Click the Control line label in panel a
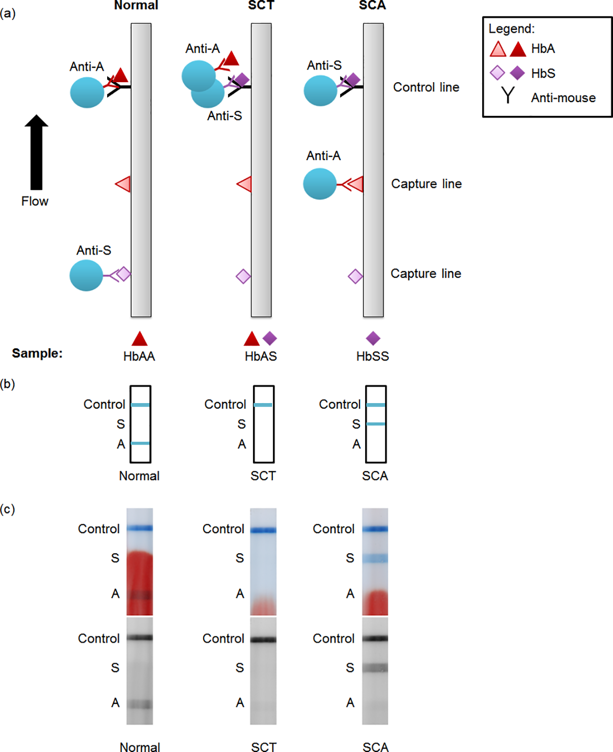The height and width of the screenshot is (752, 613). coord(426,87)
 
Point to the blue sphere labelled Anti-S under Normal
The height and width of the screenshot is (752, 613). coord(86,275)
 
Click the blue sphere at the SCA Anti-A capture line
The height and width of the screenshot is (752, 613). coord(320,184)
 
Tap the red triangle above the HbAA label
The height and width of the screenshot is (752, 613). coord(139,339)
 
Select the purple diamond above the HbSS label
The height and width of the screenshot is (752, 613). coord(373,338)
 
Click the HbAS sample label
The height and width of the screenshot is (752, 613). coord(261,356)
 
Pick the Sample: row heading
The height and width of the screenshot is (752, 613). coord(37,353)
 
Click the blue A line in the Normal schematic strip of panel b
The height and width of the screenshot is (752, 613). coord(140,443)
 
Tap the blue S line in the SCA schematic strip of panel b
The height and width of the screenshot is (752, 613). coord(376,424)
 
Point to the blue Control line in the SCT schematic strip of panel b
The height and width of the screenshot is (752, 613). coord(263,405)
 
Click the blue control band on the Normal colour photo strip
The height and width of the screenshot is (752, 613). coord(140,528)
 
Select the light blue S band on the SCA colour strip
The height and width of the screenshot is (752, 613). coord(375,559)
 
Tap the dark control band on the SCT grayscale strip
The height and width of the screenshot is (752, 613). coord(263,640)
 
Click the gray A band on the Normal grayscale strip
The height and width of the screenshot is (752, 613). coord(140,704)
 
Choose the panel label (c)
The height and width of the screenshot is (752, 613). coord(8,509)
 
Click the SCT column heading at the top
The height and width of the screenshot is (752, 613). coord(261,5)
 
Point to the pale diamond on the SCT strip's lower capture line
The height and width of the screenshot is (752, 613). coord(243,276)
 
